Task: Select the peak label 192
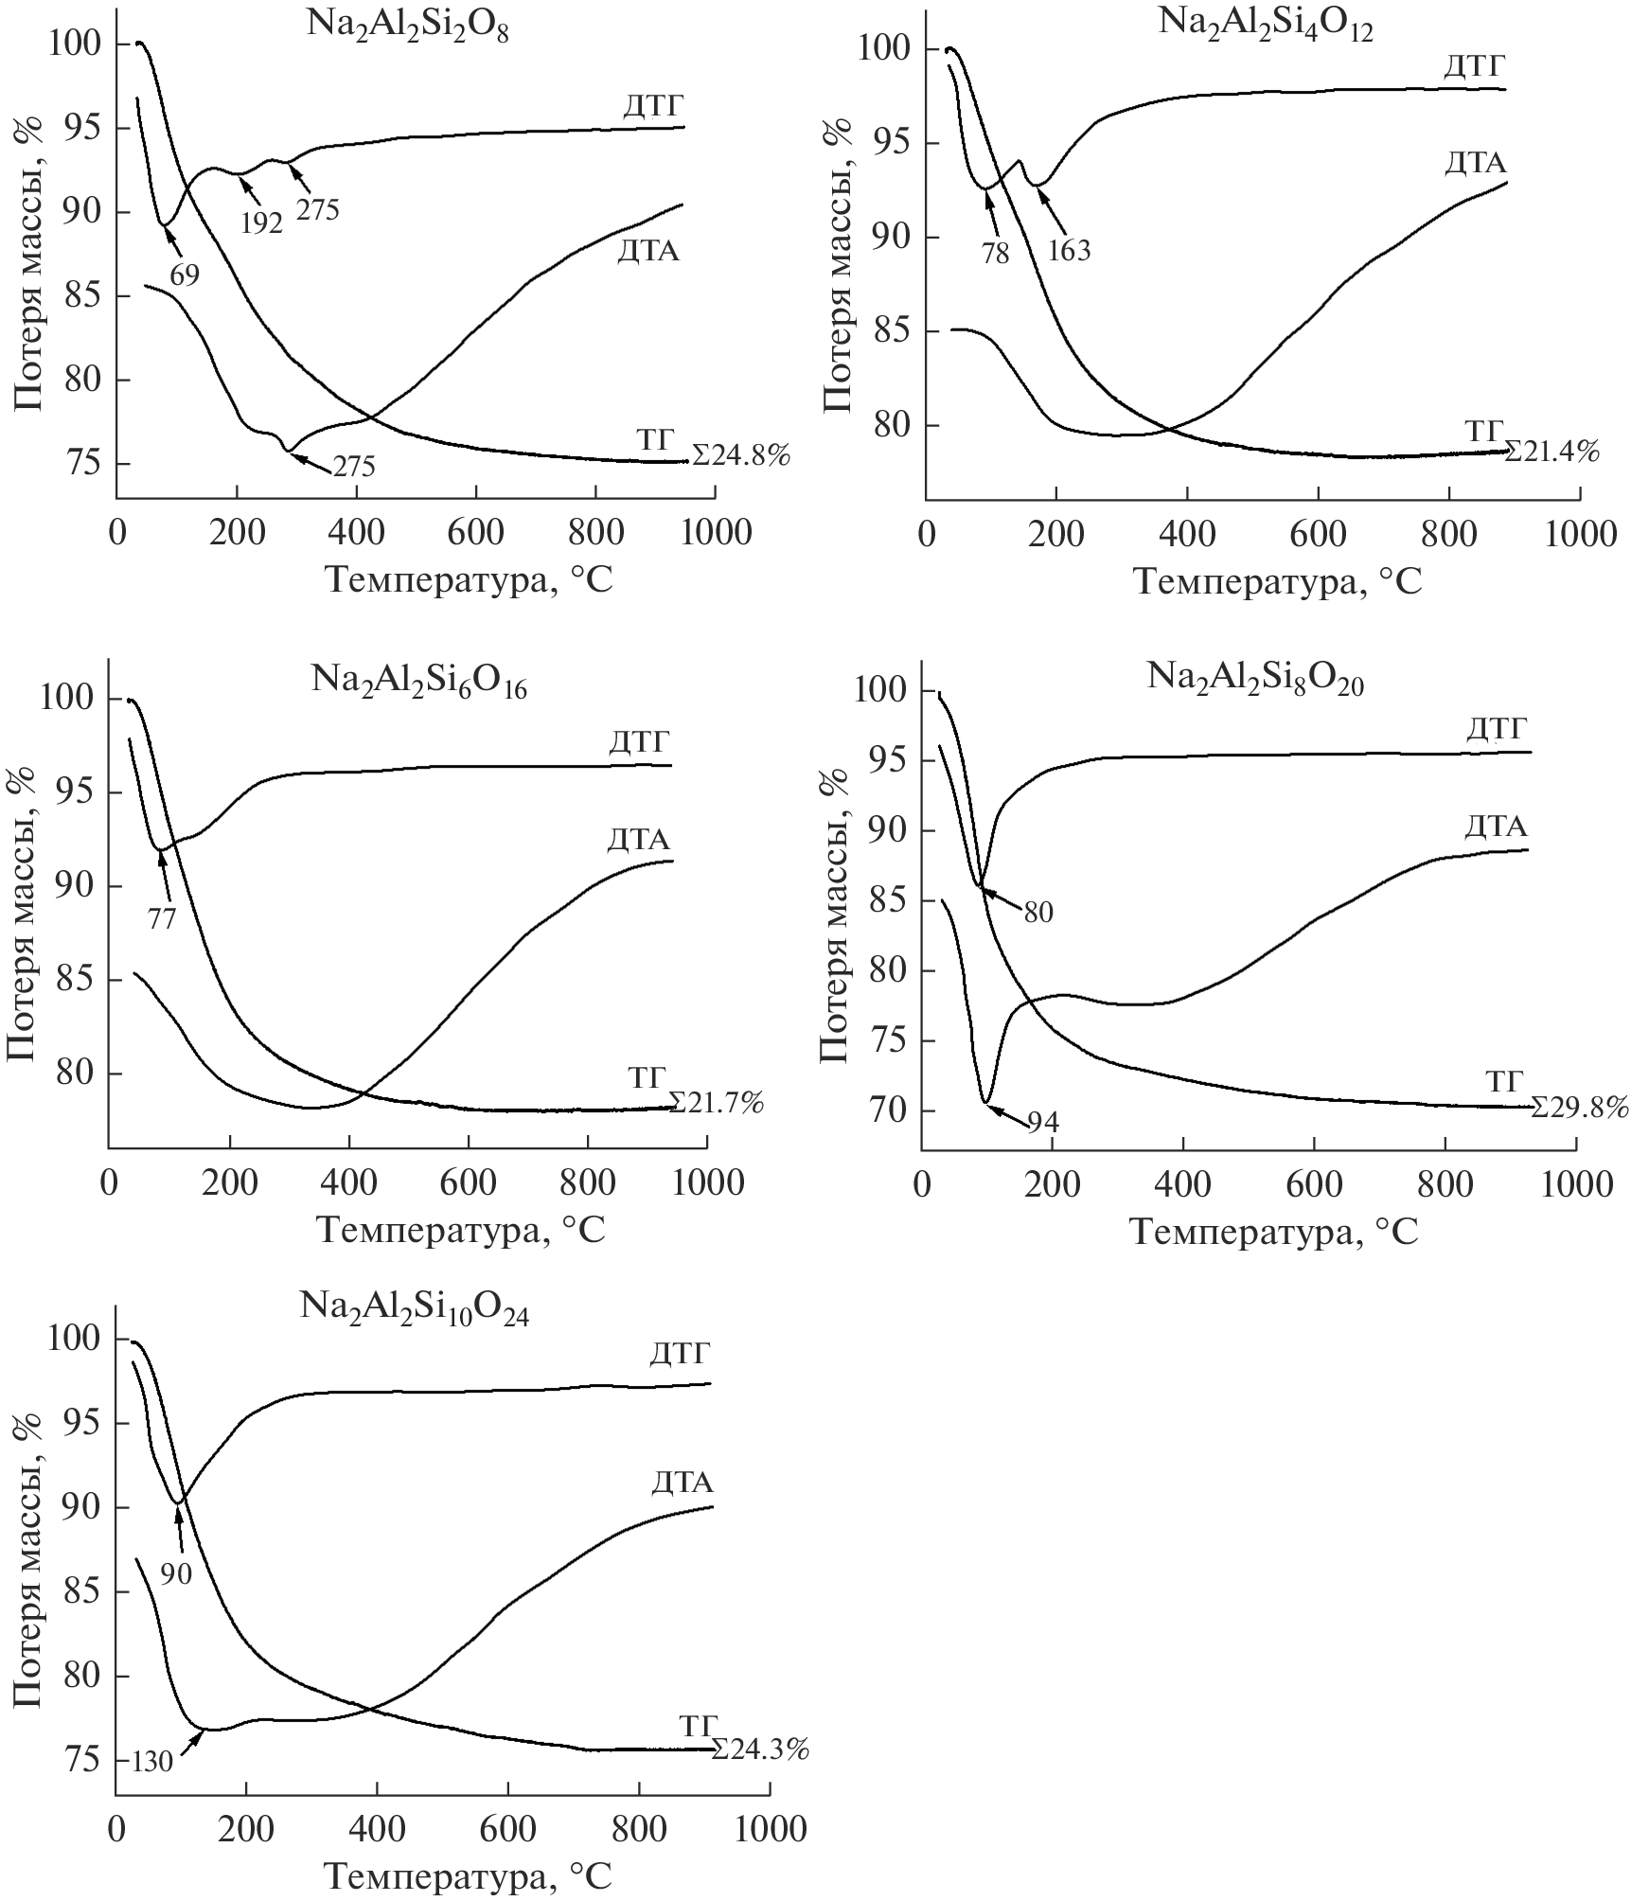point(261,222)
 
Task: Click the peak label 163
point(1070,250)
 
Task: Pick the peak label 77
point(162,917)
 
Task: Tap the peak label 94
point(1043,1123)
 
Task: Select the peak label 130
point(152,1762)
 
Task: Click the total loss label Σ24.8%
point(741,456)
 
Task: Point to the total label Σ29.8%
point(1580,1107)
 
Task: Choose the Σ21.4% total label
point(1551,453)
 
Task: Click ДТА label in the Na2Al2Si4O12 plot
point(1475,164)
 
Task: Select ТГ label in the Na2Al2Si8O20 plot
point(1504,1081)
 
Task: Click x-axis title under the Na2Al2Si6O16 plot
point(460,1229)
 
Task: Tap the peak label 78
point(996,253)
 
